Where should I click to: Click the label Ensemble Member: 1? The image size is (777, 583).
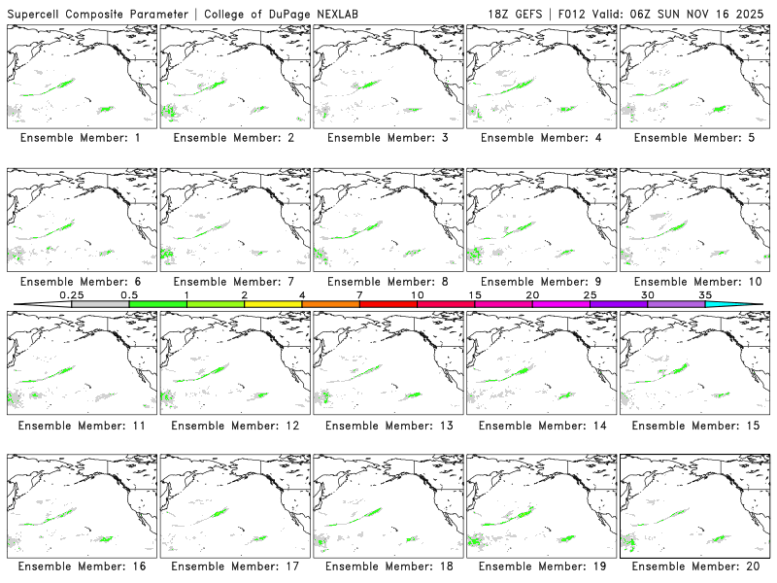pos(81,138)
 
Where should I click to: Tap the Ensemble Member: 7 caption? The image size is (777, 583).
pos(234,282)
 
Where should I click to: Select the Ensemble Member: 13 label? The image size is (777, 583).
pos(387,426)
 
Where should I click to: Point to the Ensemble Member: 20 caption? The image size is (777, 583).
pos(693,566)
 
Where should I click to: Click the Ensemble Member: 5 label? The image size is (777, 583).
pos(693,138)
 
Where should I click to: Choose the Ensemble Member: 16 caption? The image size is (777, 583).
pos(81,566)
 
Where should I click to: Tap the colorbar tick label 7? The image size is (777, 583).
pos(359,294)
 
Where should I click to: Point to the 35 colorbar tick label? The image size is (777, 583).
pos(705,294)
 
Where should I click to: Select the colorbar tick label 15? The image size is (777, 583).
pos(474,294)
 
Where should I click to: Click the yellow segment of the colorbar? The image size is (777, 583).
pos(273,304)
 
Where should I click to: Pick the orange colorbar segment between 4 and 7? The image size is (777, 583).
pos(330,304)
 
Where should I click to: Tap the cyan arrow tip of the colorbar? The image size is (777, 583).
pos(748,304)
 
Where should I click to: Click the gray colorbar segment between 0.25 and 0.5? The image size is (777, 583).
pos(100,304)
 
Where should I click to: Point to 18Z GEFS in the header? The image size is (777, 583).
pos(516,13)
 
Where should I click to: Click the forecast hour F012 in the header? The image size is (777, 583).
pos(574,13)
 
